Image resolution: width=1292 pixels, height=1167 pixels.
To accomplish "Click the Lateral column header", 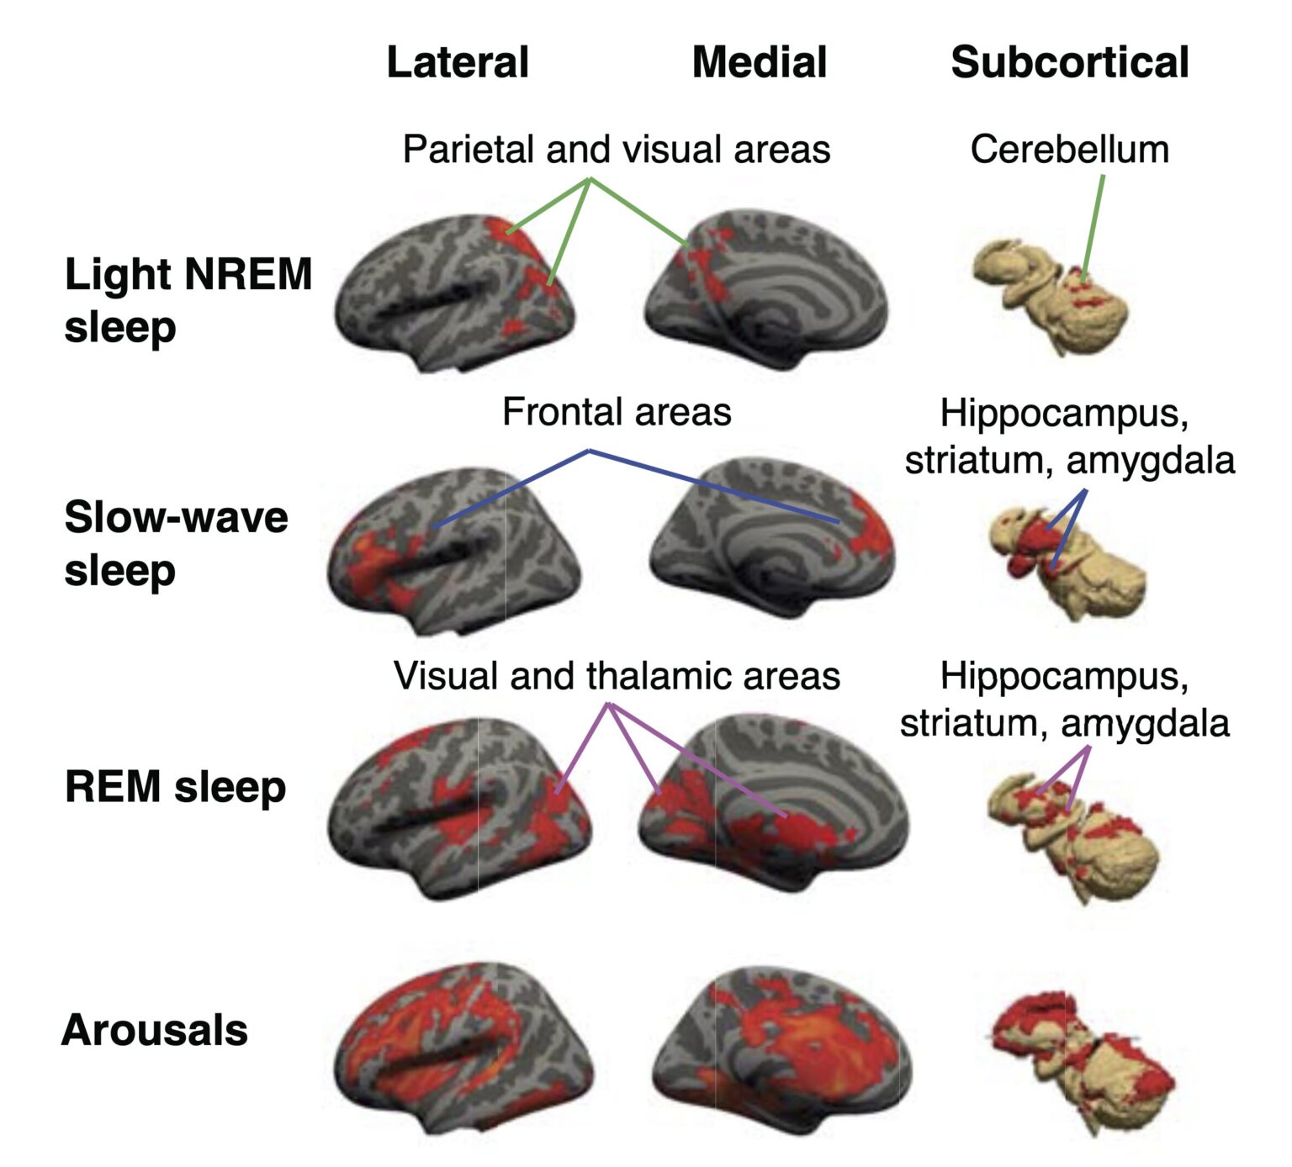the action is pyautogui.click(x=458, y=62).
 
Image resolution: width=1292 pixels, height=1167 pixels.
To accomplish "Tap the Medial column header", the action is pyautogui.click(x=760, y=62).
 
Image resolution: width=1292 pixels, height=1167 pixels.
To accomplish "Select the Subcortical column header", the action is pyautogui.click(x=1070, y=62).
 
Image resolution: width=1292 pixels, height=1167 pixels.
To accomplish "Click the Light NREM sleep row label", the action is pyautogui.click(x=188, y=300).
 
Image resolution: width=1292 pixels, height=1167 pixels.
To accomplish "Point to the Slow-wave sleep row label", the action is pyautogui.click(x=177, y=543).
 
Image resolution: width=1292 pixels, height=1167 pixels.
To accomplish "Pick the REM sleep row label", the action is pyautogui.click(x=176, y=787).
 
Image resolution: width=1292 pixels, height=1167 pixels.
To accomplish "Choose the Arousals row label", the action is pyautogui.click(x=155, y=1030).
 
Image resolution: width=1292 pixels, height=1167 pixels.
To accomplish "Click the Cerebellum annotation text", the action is pyautogui.click(x=1070, y=150).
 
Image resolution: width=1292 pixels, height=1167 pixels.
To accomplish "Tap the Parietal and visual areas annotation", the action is pyautogui.click(x=617, y=150).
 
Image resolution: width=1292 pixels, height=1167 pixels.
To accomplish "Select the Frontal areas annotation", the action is pyautogui.click(x=617, y=412).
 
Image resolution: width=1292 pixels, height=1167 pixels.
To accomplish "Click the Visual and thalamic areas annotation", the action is pyautogui.click(x=617, y=676).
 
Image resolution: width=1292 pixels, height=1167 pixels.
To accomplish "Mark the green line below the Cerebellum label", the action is pyautogui.click(x=1093, y=226).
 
